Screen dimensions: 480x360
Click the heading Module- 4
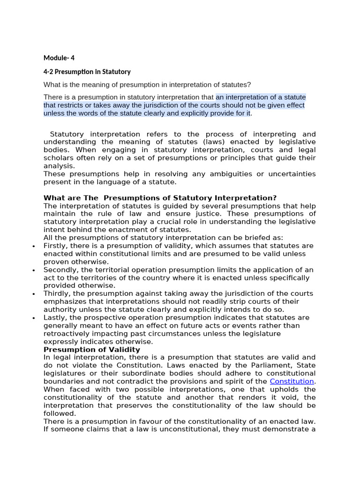point(59,58)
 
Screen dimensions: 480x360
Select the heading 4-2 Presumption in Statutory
point(87,72)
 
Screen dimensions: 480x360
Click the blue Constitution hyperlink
point(292,382)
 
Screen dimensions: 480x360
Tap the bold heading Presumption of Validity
point(92,350)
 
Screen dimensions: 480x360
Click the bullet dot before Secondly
point(34,270)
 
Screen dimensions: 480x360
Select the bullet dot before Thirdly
point(34,294)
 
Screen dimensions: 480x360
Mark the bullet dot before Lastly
point(34,318)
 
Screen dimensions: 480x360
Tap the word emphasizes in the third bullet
point(65,301)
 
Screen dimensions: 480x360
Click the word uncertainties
point(290,174)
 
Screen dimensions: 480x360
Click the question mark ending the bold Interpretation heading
point(275,198)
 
